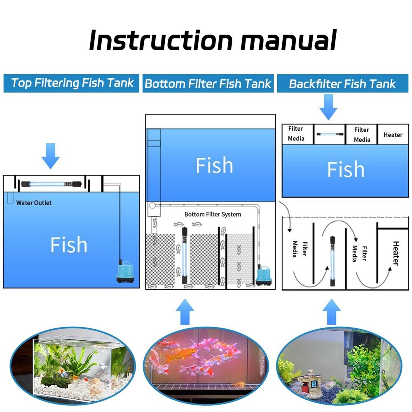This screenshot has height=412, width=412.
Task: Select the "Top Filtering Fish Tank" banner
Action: (72, 83)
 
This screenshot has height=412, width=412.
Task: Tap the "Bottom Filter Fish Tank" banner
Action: (208, 84)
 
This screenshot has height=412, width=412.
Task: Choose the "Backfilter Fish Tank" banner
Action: (342, 84)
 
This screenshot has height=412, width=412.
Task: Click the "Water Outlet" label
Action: (34, 203)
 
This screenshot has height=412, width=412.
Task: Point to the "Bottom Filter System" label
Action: (213, 214)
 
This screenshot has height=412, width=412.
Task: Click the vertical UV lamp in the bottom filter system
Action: (185, 255)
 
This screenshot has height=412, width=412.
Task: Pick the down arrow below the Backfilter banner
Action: (328, 106)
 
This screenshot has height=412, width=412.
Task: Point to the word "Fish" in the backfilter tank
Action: (345, 169)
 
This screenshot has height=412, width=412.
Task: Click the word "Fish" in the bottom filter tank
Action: (214, 165)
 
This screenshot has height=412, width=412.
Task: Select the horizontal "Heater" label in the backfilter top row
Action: (393, 135)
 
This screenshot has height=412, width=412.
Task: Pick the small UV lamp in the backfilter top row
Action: (329, 134)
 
